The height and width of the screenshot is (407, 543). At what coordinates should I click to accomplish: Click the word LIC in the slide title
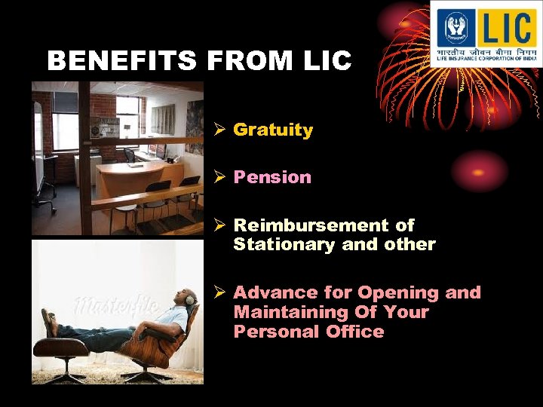pyautogui.click(x=328, y=61)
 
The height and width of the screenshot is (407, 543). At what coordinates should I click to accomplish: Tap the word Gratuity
pyautogui.click(x=273, y=130)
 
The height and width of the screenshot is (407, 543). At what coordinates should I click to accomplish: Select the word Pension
pyautogui.click(x=272, y=177)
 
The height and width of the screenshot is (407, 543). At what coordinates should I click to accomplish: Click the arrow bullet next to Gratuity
pyautogui.click(x=219, y=130)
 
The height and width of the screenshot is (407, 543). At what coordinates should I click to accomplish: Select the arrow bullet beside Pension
pyautogui.click(x=219, y=177)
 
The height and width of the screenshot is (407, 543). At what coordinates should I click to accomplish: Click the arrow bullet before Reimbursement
pyautogui.click(x=219, y=225)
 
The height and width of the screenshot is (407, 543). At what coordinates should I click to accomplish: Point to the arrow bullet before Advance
pyautogui.click(x=219, y=292)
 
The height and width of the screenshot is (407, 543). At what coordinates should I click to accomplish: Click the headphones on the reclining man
pyautogui.click(x=189, y=299)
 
